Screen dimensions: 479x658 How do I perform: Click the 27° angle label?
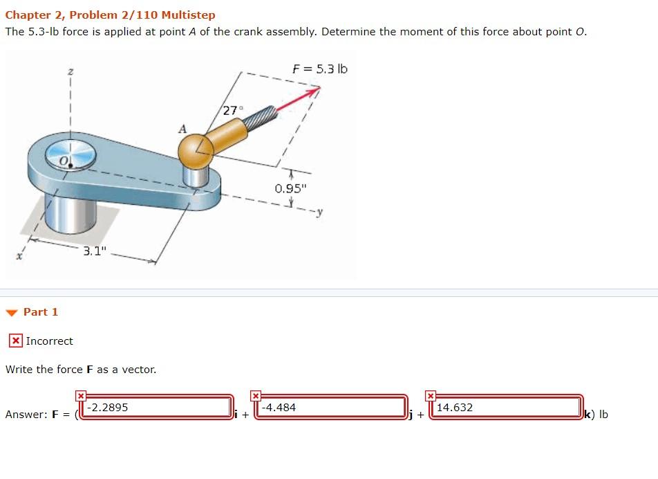233,110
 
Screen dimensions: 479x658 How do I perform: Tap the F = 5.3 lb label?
320,69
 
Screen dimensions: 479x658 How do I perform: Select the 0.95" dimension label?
289,188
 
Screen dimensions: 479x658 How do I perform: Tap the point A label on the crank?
182,129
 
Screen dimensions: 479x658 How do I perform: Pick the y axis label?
321,212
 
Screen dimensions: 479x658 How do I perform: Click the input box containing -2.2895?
158,407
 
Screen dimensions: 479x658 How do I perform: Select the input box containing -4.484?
332,407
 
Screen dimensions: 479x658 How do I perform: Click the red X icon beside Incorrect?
15,341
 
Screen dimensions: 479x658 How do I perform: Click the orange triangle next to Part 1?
12,312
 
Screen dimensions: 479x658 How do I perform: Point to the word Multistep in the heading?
189,15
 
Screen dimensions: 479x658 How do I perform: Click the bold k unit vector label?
587,415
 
